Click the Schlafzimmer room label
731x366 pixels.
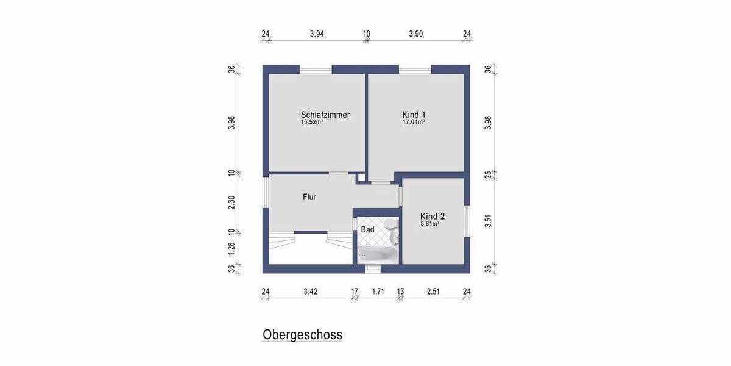coord(325,115)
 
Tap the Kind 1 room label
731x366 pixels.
coord(414,115)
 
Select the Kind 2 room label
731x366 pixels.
coord(433,217)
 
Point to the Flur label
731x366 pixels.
coord(309,197)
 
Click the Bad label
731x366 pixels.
coord(367,230)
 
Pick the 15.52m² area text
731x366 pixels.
coord(311,122)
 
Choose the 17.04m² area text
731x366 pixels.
coord(414,122)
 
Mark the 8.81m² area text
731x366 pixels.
coord(429,224)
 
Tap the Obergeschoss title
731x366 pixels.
coord(302,335)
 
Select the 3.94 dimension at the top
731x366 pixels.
coord(316,34)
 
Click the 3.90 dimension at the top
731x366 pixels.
coord(415,34)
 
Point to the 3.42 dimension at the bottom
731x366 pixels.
coord(310,292)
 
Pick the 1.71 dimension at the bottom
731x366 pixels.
coord(378,292)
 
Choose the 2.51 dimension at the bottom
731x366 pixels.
coord(433,292)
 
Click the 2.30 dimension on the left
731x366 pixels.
coord(231,203)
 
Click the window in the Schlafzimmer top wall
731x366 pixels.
coord(316,69)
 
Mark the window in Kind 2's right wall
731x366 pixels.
coord(467,221)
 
